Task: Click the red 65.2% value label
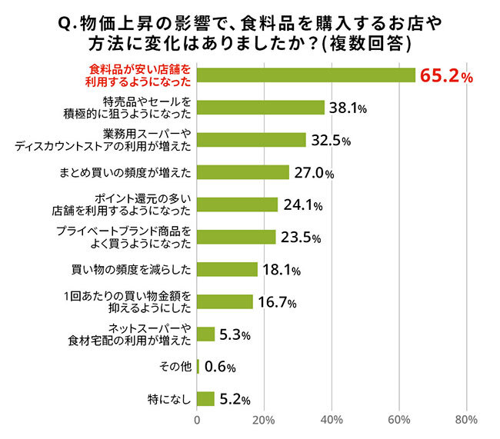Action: coord(445,76)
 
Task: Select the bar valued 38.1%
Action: coord(261,108)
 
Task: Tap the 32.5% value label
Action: coord(331,140)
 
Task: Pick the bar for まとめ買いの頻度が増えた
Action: coord(243,172)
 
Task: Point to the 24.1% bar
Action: coord(237,205)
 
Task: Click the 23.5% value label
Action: coord(300,237)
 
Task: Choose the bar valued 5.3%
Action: coord(206,334)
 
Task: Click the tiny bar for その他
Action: coord(198,366)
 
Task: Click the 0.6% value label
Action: coord(219,367)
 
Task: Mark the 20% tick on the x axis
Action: coord(264,420)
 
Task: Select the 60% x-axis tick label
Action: coord(398,420)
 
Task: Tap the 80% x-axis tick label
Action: coord(465,420)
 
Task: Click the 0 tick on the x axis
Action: coord(198,420)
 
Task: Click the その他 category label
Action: coord(176,366)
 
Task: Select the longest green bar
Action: coord(306,75)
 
